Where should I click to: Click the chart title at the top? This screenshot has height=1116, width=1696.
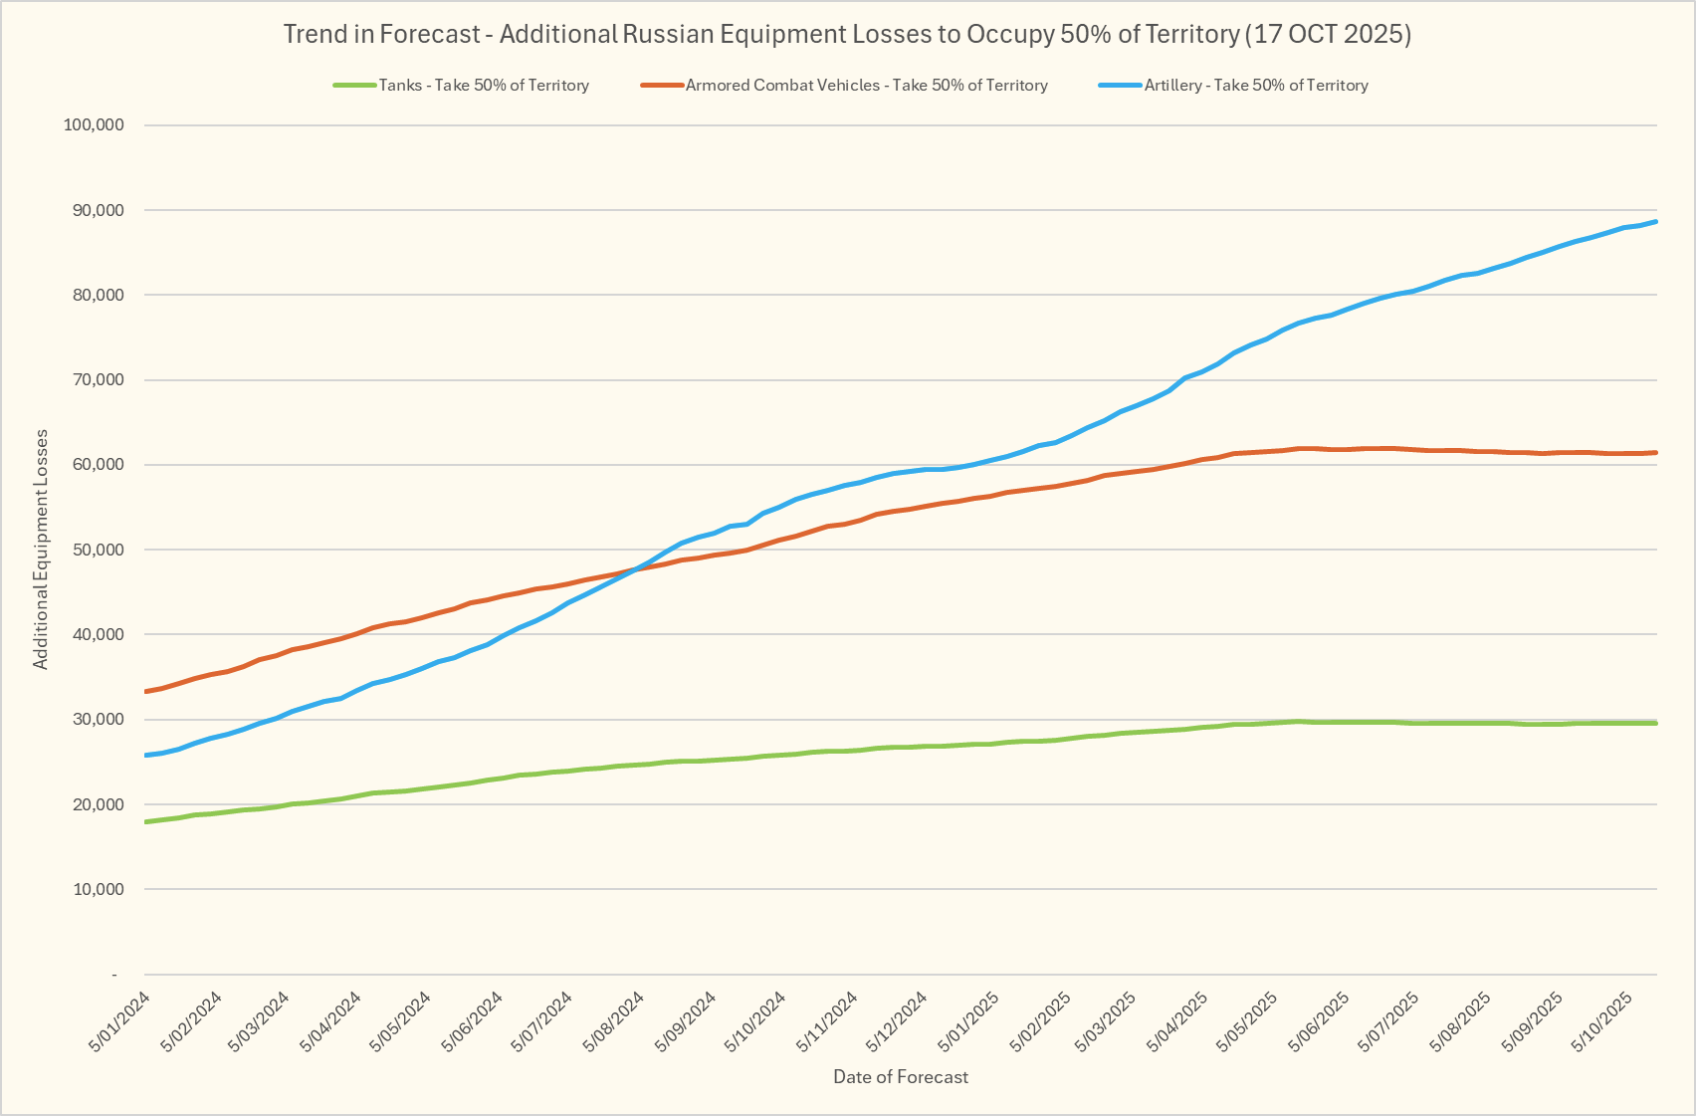[847, 34]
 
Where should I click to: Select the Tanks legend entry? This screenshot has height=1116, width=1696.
[484, 86]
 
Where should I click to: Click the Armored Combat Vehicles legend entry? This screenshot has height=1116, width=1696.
[866, 86]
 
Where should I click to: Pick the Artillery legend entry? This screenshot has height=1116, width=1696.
[1256, 86]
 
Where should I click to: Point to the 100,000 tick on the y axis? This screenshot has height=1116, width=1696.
[93, 125]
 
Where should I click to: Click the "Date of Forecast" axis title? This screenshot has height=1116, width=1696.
[900, 1077]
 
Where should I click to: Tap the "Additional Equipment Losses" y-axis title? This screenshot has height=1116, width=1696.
[41, 550]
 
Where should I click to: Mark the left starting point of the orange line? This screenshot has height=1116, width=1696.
[146, 691]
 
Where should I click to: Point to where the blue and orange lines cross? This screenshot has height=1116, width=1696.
[636, 568]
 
